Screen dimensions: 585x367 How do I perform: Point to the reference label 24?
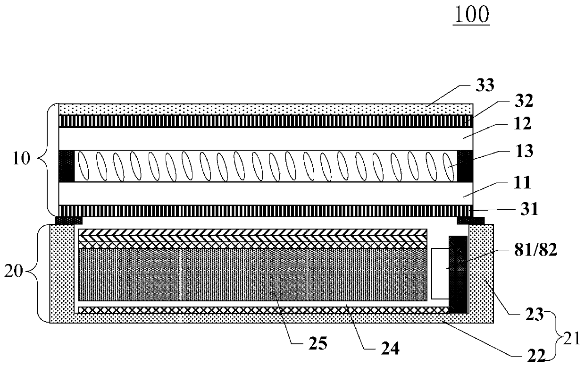click(390, 348)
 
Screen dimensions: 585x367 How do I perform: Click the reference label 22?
click(534, 354)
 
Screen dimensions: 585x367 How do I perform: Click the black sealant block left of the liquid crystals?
click(66, 166)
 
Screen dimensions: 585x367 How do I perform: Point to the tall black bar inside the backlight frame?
click(458, 274)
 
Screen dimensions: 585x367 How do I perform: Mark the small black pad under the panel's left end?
click(69, 220)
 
